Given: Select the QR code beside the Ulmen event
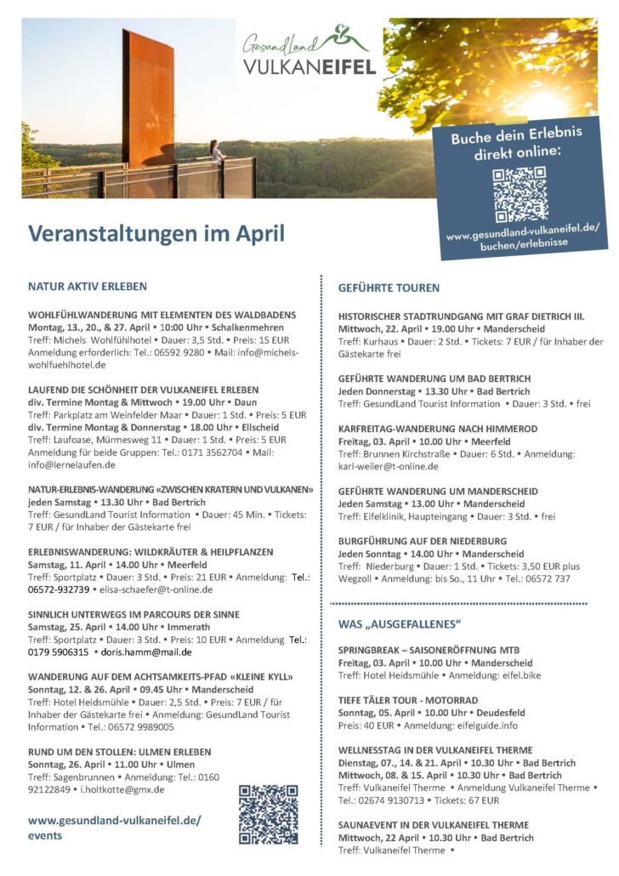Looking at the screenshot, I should point(268,814).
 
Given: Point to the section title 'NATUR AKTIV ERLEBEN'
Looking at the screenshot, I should point(88,287).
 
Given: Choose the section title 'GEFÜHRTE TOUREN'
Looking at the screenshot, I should point(389,287).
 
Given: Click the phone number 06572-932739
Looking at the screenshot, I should point(59,589).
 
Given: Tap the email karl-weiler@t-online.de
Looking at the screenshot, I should point(389,466).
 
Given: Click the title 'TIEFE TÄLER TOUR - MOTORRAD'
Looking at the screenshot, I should point(408,700).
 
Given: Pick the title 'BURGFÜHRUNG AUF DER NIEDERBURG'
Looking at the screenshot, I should point(422,540).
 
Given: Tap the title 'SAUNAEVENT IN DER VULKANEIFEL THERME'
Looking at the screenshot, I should point(433,824).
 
